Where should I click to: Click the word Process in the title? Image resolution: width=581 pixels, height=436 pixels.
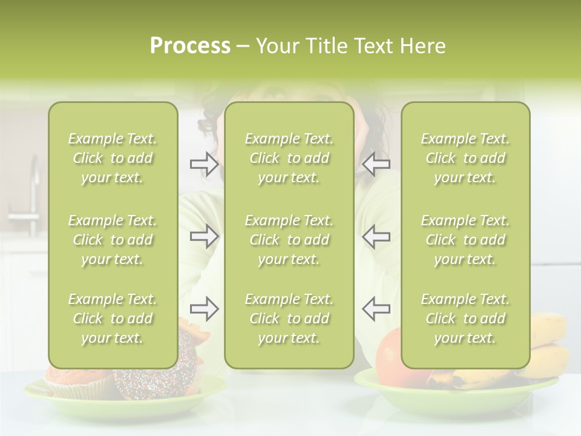pos(190,46)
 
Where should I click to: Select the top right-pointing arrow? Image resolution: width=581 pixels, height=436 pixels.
pos(204,163)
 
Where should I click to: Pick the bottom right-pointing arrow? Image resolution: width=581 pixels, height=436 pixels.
pos(204,309)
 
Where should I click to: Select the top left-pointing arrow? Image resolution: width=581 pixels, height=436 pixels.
pos(376,163)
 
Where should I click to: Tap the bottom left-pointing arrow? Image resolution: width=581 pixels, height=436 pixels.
pos(376,309)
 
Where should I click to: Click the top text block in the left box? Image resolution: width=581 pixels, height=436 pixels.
pos(113,158)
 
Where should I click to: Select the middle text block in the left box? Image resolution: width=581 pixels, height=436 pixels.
pos(113,240)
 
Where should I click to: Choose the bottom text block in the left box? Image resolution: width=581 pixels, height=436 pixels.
pos(113,319)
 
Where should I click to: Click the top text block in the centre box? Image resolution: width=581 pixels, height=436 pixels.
pos(289,158)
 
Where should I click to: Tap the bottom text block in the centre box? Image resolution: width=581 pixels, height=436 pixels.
pos(289,319)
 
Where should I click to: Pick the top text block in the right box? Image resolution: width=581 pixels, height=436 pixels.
pos(465,158)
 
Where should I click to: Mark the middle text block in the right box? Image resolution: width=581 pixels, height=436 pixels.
pos(465,240)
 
